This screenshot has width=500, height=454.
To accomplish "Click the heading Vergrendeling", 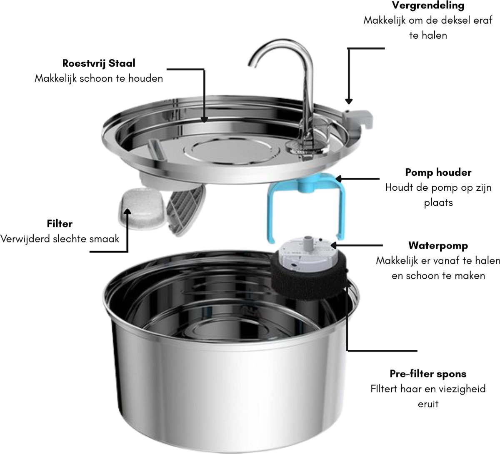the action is coord(428,6).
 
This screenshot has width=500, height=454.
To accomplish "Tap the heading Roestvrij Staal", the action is coord(99,63).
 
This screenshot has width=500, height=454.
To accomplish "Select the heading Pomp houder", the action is coord(438,172).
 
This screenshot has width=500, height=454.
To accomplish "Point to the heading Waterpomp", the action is coord(438,246).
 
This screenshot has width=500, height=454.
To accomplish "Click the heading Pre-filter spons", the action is coord(428,374).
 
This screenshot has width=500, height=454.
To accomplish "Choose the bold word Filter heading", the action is coord(60,224).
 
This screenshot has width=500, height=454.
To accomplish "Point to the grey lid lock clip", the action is coord(357,120).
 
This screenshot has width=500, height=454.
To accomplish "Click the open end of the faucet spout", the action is coord(252,65).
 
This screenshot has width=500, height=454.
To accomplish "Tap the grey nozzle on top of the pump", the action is coord(308,240).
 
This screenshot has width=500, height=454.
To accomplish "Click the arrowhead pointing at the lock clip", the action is coord(349,101).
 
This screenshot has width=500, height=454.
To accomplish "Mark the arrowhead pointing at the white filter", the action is coord(127,212).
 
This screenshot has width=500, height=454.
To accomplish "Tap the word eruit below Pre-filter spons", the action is coord(428,404).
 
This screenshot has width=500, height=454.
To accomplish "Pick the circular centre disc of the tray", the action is coord(231,152).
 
